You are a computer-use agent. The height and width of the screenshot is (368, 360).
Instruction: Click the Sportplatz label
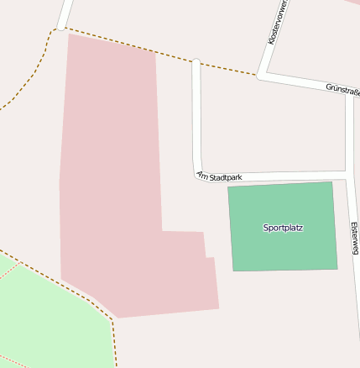tap(283, 228)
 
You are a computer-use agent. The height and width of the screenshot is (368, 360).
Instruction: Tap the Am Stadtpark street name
tap(219, 176)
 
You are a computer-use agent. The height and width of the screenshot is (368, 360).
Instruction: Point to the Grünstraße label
tap(342, 89)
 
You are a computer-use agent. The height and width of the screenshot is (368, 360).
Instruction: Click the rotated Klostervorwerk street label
tap(276, 24)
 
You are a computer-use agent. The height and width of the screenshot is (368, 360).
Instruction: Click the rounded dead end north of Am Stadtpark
tap(196, 62)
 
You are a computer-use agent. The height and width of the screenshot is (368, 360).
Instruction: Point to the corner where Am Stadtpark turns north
tap(198, 171)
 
